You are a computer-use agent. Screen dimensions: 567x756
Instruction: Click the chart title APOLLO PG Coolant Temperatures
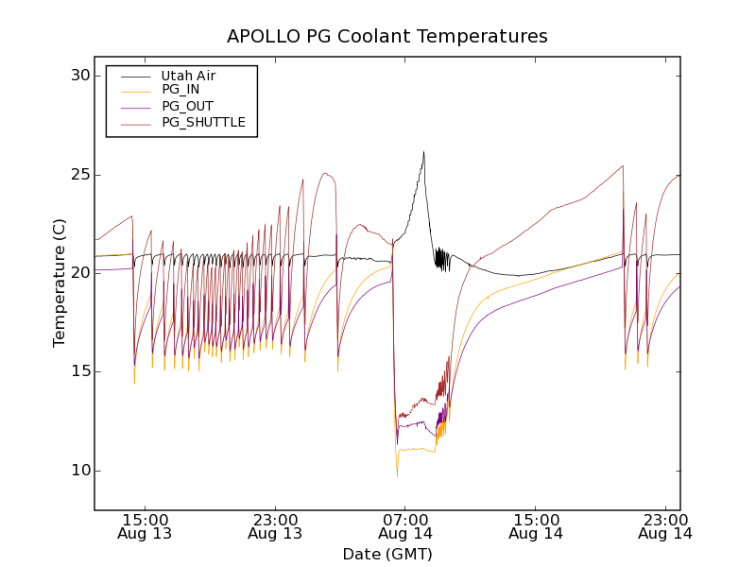387,37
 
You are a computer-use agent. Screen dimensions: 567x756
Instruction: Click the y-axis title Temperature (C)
60,283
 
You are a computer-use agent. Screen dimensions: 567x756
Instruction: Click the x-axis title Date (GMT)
387,554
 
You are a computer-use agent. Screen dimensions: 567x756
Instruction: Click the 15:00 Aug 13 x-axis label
146,526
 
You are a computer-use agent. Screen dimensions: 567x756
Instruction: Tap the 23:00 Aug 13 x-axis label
276,526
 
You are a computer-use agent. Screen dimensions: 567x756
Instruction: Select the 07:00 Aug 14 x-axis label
406,526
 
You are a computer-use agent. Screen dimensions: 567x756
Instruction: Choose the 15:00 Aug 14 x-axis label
536,526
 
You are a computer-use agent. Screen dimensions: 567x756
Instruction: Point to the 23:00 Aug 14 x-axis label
666,526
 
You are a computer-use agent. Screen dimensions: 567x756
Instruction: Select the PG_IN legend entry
180,90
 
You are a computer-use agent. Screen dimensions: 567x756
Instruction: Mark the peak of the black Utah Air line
423,151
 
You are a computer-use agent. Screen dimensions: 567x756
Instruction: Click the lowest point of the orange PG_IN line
397,475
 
